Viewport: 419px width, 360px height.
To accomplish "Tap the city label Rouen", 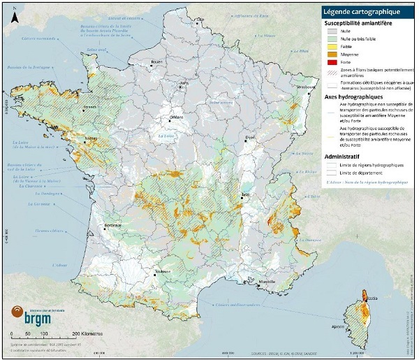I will click(156, 62).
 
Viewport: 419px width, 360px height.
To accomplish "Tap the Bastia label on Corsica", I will click(372, 298).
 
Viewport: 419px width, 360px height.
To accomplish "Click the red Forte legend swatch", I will click(331, 62).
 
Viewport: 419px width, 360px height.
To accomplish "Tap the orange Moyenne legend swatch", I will click(331, 52).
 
